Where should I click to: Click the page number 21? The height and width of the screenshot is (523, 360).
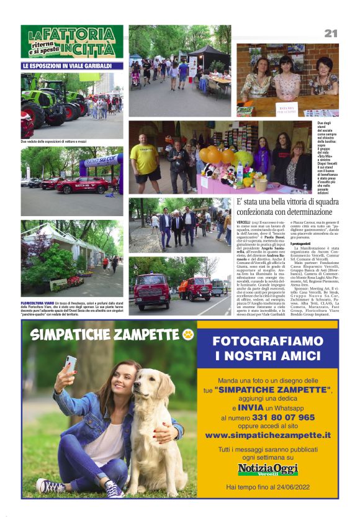pyautogui.click(x=331, y=33)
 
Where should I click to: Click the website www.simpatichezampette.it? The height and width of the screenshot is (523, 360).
pyautogui.click(x=268, y=435)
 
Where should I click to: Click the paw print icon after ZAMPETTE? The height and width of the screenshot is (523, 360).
pyautogui.click(x=188, y=335)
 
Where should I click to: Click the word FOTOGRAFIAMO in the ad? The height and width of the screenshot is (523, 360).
pyautogui.click(x=267, y=341)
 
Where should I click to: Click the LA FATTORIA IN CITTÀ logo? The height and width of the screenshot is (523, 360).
pyautogui.click(x=71, y=42)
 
